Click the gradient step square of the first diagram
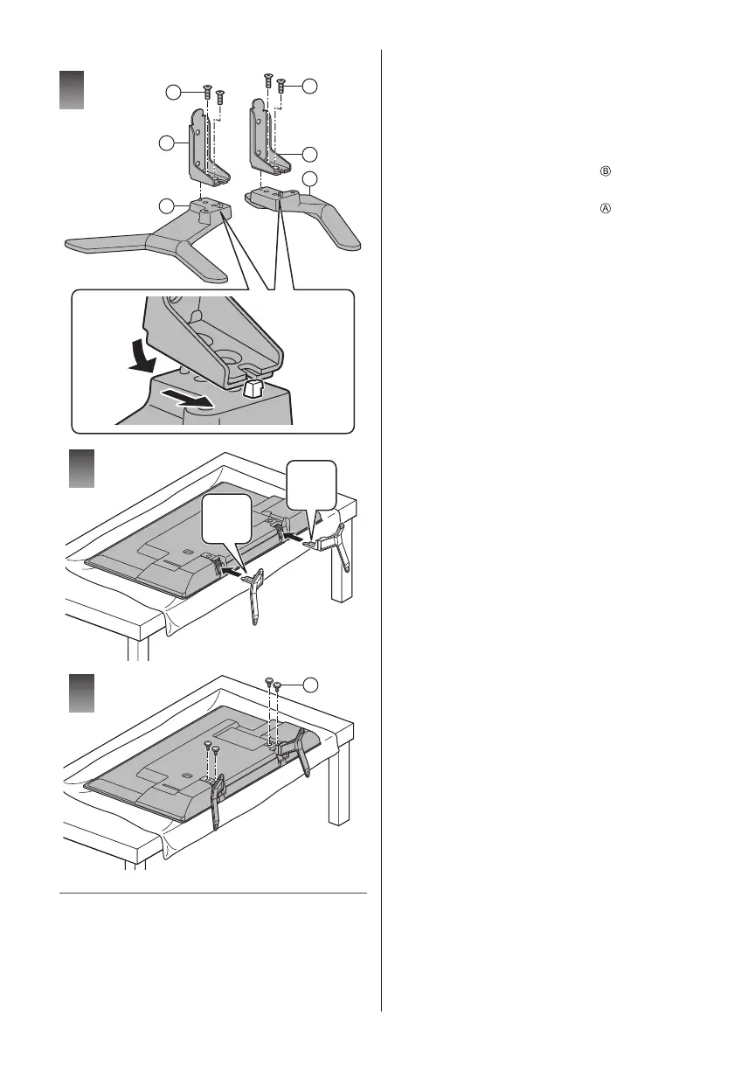point(71,91)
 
